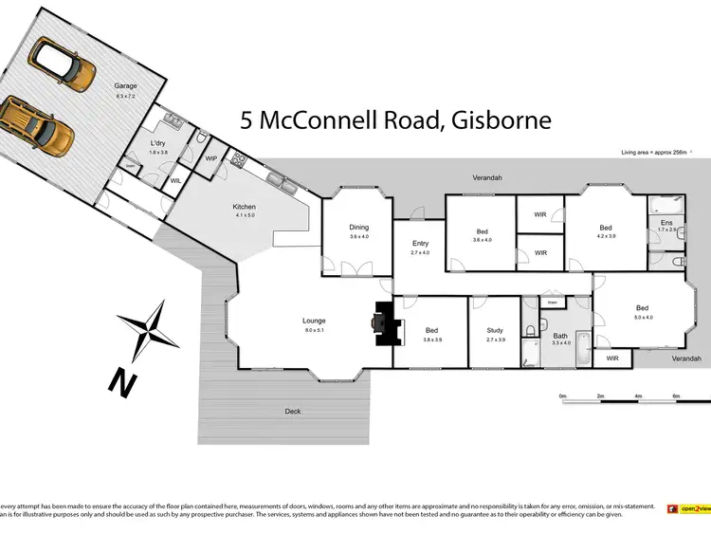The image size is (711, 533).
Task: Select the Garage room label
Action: coord(126,84)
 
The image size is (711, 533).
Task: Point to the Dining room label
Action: coord(358,227)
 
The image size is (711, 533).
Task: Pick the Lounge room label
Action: coord(314,321)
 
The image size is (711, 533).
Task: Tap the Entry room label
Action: coord(420,243)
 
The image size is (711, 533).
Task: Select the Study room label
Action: coord(495,329)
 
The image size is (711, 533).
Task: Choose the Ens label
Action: coord(666,222)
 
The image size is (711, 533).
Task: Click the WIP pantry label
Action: coord(211,157)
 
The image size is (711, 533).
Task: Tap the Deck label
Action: coord(294,411)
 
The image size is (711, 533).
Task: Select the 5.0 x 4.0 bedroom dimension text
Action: coord(644,317)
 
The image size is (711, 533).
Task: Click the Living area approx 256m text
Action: coord(654,152)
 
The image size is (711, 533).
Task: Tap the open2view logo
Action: coord(689,508)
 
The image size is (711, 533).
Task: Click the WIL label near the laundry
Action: coord(175,180)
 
